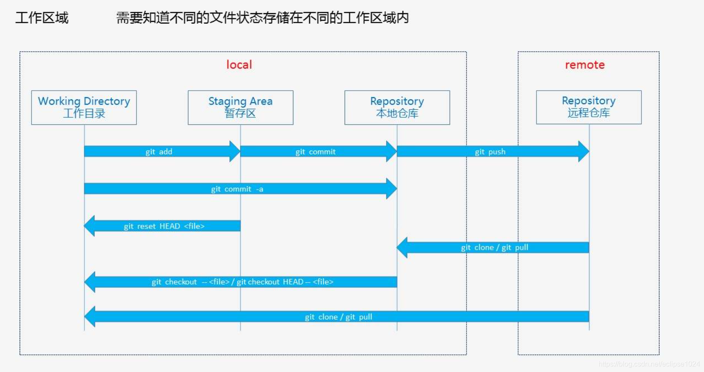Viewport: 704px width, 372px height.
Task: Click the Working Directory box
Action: pos(84,108)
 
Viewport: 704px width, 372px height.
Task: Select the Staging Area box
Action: pos(240,108)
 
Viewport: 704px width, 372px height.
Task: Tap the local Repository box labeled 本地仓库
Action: pos(397,108)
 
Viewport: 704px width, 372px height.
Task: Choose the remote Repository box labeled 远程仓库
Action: pos(589,107)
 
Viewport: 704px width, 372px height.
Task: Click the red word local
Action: pos(239,65)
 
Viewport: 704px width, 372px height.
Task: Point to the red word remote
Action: pos(585,65)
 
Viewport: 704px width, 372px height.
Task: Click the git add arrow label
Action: pos(159,152)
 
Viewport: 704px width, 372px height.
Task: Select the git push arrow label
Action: pos(490,152)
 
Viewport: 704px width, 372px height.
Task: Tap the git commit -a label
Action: pos(237,189)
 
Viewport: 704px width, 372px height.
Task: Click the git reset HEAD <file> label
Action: pos(164,226)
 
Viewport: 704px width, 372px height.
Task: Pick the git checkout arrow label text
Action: pos(242,282)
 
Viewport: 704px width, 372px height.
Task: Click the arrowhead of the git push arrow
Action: pos(584,151)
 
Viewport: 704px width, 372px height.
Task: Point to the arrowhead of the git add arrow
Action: pos(235,151)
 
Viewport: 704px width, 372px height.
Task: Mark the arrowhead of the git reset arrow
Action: pos(89,226)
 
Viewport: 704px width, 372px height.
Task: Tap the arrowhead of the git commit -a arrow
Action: pos(392,189)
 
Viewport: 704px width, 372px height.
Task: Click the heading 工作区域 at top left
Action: pos(42,18)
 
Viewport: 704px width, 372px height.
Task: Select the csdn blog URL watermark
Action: pos(649,364)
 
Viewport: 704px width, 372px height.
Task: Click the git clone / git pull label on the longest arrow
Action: pos(338,317)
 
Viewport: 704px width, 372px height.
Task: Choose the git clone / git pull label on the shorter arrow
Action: pos(495,248)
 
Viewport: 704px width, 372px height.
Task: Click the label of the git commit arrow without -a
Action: pos(315,152)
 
